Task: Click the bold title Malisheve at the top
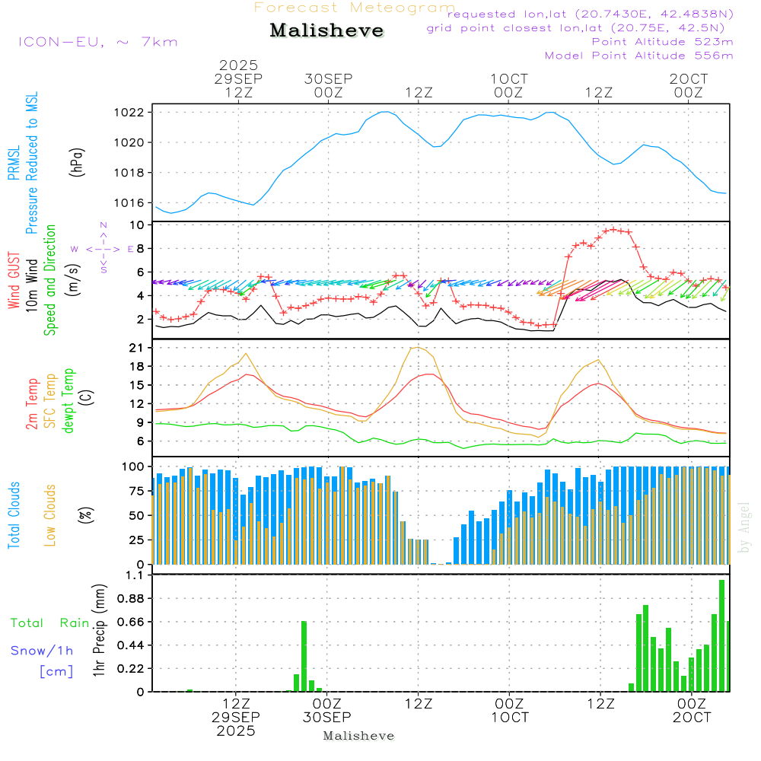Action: tap(326, 30)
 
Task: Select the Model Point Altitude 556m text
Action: tap(639, 56)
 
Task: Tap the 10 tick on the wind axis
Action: tap(138, 225)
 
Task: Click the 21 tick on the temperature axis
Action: tap(138, 348)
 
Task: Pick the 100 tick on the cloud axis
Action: tap(134, 466)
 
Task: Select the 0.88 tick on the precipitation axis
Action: tap(131, 599)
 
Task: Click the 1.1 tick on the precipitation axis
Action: tap(135, 575)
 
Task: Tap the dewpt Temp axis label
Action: tap(68, 400)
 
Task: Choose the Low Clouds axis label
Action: tap(50, 514)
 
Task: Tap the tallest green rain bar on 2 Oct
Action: tap(721, 635)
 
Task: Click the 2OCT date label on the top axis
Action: tap(689, 79)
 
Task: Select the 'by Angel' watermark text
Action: tap(745, 527)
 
